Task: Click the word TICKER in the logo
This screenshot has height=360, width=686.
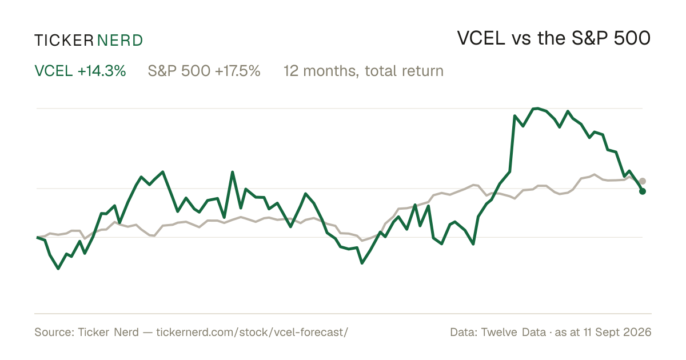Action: point(64,41)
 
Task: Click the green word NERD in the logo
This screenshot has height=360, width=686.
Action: point(120,41)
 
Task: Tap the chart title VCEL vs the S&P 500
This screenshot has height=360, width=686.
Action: point(554,38)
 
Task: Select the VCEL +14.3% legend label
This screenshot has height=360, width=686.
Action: point(80,71)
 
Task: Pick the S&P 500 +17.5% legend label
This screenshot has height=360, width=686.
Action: point(204,71)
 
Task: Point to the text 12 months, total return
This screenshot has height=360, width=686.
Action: point(364,71)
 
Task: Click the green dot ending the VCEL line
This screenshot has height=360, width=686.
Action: point(643,191)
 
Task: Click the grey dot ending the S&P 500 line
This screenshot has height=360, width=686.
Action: point(643,181)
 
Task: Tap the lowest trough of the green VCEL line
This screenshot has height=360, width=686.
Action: point(58,269)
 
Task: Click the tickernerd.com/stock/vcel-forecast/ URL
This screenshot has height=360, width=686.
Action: point(252,332)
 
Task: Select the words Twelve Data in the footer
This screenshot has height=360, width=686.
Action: point(513,332)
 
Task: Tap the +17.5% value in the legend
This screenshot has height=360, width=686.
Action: point(238,71)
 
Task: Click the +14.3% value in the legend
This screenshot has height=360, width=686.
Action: point(102,71)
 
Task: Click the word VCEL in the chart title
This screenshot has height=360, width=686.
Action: point(481,38)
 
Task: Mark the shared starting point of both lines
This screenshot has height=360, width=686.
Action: point(37,237)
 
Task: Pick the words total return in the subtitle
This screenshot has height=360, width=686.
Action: point(404,71)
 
